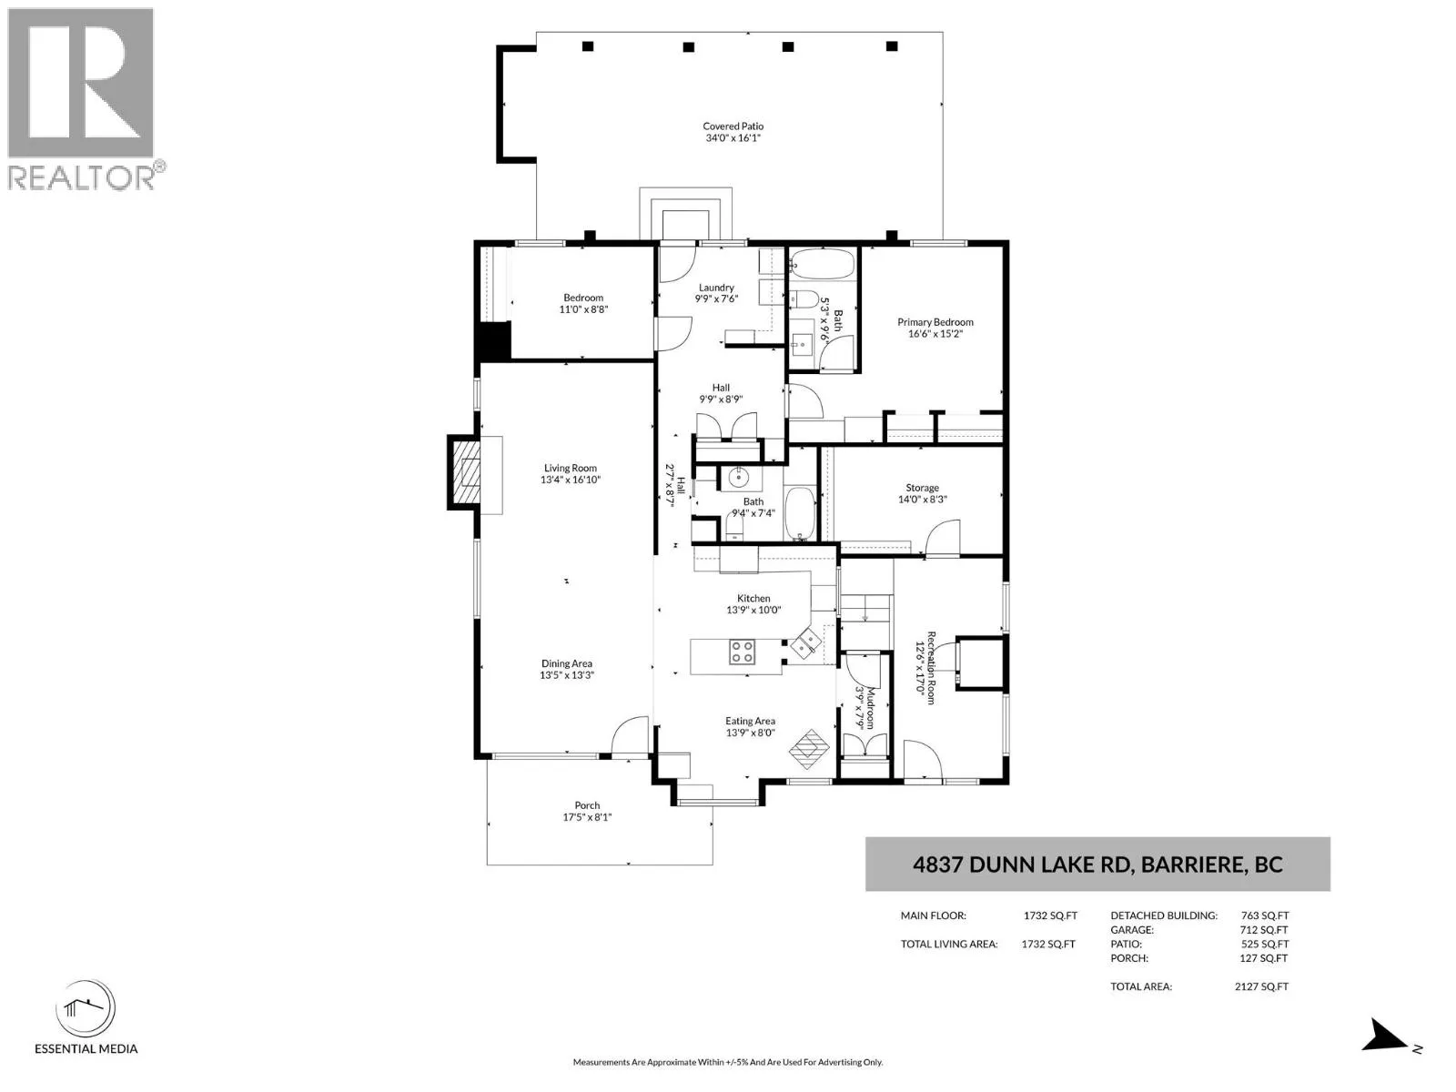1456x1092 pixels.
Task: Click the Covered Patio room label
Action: [733, 126]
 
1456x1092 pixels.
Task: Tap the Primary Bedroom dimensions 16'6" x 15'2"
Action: [935, 334]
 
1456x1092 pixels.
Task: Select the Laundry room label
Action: [716, 288]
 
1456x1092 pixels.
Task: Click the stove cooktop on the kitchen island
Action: [742, 651]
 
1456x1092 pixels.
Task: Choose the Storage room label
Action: [922, 488]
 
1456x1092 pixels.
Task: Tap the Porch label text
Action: [587, 805]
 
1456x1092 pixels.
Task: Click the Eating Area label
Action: [750, 721]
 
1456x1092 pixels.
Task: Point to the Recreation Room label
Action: [931, 668]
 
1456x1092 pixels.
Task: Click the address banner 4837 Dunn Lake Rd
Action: [1097, 864]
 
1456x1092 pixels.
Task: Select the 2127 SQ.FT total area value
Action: [1261, 986]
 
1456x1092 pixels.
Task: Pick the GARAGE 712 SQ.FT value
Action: [1264, 929]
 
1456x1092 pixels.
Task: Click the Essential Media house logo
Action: [86, 1008]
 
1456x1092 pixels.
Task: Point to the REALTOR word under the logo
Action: [82, 177]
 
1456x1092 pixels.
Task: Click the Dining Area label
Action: [567, 663]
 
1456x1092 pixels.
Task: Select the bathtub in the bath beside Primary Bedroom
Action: [822, 264]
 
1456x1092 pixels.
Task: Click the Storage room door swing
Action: [943, 537]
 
